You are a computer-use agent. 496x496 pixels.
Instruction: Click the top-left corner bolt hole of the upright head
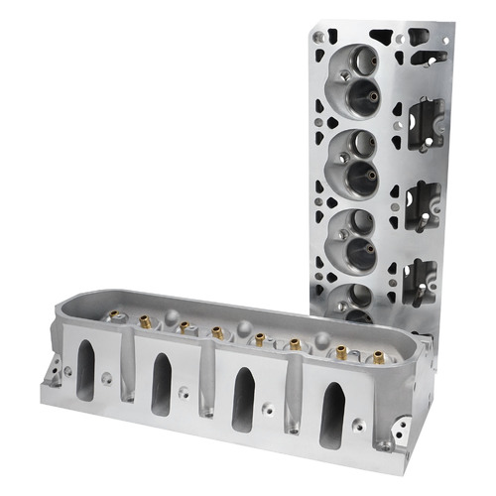(318, 37)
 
